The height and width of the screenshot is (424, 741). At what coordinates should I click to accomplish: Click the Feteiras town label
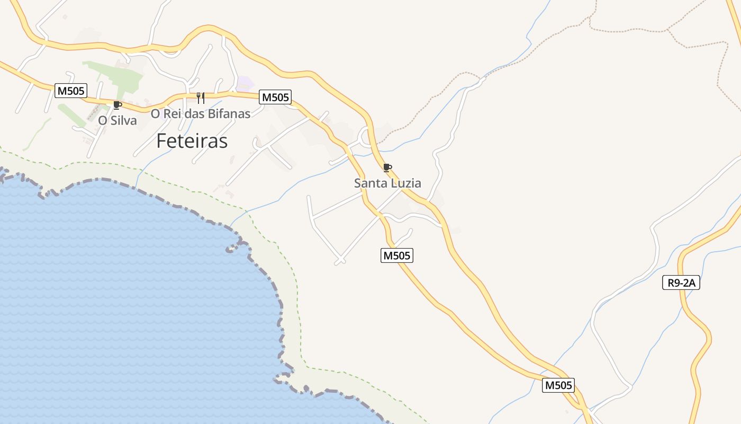pyautogui.click(x=192, y=141)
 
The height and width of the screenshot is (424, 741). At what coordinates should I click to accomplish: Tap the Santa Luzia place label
pyautogui.click(x=387, y=183)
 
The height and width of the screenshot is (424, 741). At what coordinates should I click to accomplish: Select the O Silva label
pyautogui.click(x=118, y=121)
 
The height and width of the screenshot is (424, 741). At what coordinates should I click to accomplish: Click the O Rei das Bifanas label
pyautogui.click(x=201, y=114)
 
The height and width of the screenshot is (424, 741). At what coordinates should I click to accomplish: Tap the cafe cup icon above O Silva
pyautogui.click(x=117, y=105)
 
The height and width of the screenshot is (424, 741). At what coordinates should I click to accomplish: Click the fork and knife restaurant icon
pyautogui.click(x=201, y=98)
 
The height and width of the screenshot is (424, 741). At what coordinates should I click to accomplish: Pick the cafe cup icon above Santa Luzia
pyautogui.click(x=387, y=168)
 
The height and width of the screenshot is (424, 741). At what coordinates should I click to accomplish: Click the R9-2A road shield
pyautogui.click(x=681, y=282)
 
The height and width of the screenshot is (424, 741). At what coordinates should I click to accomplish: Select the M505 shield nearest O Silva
pyautogui.click(x=70, y=91)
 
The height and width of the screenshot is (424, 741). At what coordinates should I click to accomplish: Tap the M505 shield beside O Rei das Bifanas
pyautogui.click(x=275, y=97)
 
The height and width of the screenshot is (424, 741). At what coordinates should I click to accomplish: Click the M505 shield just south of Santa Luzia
pyautogui.click(x=396, y=255)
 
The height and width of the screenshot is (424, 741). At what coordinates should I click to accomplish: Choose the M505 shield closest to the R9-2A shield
pyautogui.click(x=558, y=385)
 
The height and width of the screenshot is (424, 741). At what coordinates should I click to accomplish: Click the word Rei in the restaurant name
pyautogui.click(x=173, y=114)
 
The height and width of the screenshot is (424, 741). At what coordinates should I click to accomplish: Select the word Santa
pyautogui.click(x=370, y=183)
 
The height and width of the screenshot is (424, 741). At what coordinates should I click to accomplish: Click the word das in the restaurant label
pyautogui.click(x=194, y=114)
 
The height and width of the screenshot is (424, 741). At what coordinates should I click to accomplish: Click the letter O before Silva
pyautogui.click(x=102, y=121)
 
